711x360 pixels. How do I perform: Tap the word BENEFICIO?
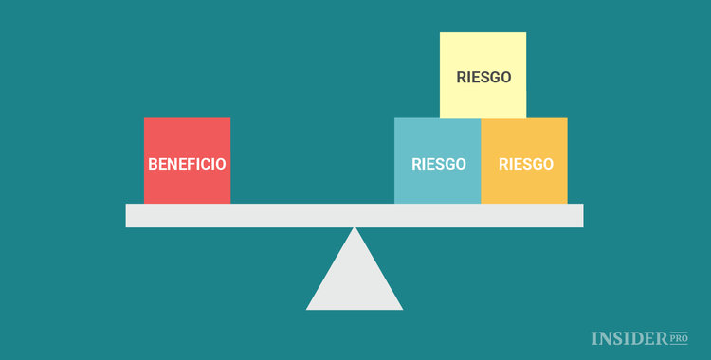click(187, 164)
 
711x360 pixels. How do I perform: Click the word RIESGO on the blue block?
click(439, 164)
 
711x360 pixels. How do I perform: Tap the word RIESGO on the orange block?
click(525, 164)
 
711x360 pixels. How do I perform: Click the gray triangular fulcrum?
click(355, 279)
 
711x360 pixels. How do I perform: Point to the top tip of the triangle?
click(355, 228)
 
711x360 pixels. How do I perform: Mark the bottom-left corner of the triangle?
click(307, 309)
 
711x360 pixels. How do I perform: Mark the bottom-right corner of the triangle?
click(402, 309)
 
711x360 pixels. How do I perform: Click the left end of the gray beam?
click(129, 215)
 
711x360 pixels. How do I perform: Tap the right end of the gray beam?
click(580, 215)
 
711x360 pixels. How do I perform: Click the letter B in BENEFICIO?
click(153, 164)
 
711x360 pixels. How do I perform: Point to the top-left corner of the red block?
click(145, 118)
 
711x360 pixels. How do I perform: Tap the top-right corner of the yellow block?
click(525, 33)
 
